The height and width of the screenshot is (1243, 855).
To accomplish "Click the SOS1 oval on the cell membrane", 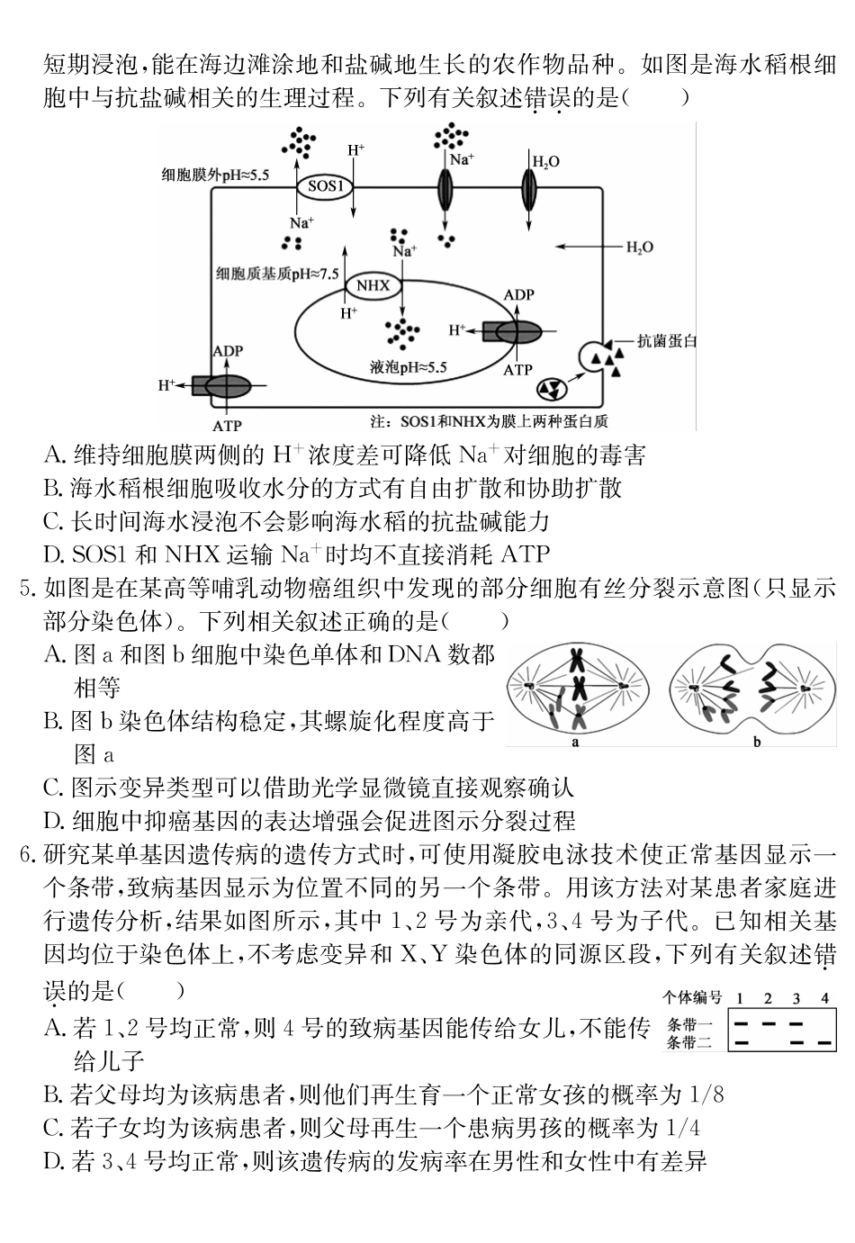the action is (x=326, y=187).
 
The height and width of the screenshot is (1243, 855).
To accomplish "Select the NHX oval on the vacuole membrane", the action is (x=373, y=285).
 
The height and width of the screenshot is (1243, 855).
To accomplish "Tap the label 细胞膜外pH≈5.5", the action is (x=216, y=175).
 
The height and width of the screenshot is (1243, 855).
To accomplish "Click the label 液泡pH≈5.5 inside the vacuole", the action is (x=408, y=367).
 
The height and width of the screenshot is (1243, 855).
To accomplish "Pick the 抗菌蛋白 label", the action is (x=667, y=341).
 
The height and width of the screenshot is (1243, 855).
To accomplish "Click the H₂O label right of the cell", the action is (x=639, y=248).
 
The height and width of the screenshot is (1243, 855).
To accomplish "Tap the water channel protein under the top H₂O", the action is (x=529, y=189).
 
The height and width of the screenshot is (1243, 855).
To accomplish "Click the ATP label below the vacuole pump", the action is (x=517, y=370).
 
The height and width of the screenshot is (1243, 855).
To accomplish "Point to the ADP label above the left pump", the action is (x=228, y=351).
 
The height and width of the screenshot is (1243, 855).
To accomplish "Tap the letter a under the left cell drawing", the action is (x=575, y=743).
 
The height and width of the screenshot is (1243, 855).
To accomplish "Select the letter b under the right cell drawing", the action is (x=757, y=743).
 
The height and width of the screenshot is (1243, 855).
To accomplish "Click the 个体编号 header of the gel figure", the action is (x=692, y=997).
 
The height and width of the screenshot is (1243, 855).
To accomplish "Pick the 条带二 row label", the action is (x=689, y=1042).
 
